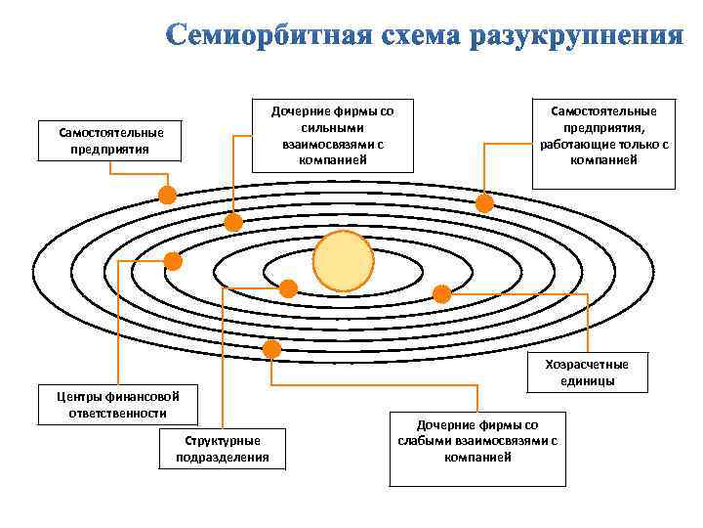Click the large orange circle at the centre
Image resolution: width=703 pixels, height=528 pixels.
pos(343,261)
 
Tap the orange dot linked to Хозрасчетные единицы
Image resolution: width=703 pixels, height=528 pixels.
pos(441,293)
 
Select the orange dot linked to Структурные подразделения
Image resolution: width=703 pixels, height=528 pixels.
pos(288,288)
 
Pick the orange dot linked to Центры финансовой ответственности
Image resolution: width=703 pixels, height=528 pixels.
pos(173,261)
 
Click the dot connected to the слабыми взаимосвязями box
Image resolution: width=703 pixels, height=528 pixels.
pos(271,349)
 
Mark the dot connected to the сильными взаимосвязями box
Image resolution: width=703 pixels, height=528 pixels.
pos(233,223)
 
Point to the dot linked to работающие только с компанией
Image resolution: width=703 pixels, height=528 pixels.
pos(484,203)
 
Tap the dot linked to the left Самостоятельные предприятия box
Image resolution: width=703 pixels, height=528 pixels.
pos(167,195)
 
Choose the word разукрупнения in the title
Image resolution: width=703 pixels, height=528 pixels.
pos(577,36)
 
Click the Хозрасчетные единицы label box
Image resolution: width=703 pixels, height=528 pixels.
pos(587,372)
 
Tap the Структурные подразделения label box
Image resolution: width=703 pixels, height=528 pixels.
pos(223,449)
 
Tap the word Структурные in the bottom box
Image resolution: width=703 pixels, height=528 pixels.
pos(223,441)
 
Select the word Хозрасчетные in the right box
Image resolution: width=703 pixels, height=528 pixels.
pos(587,365)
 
